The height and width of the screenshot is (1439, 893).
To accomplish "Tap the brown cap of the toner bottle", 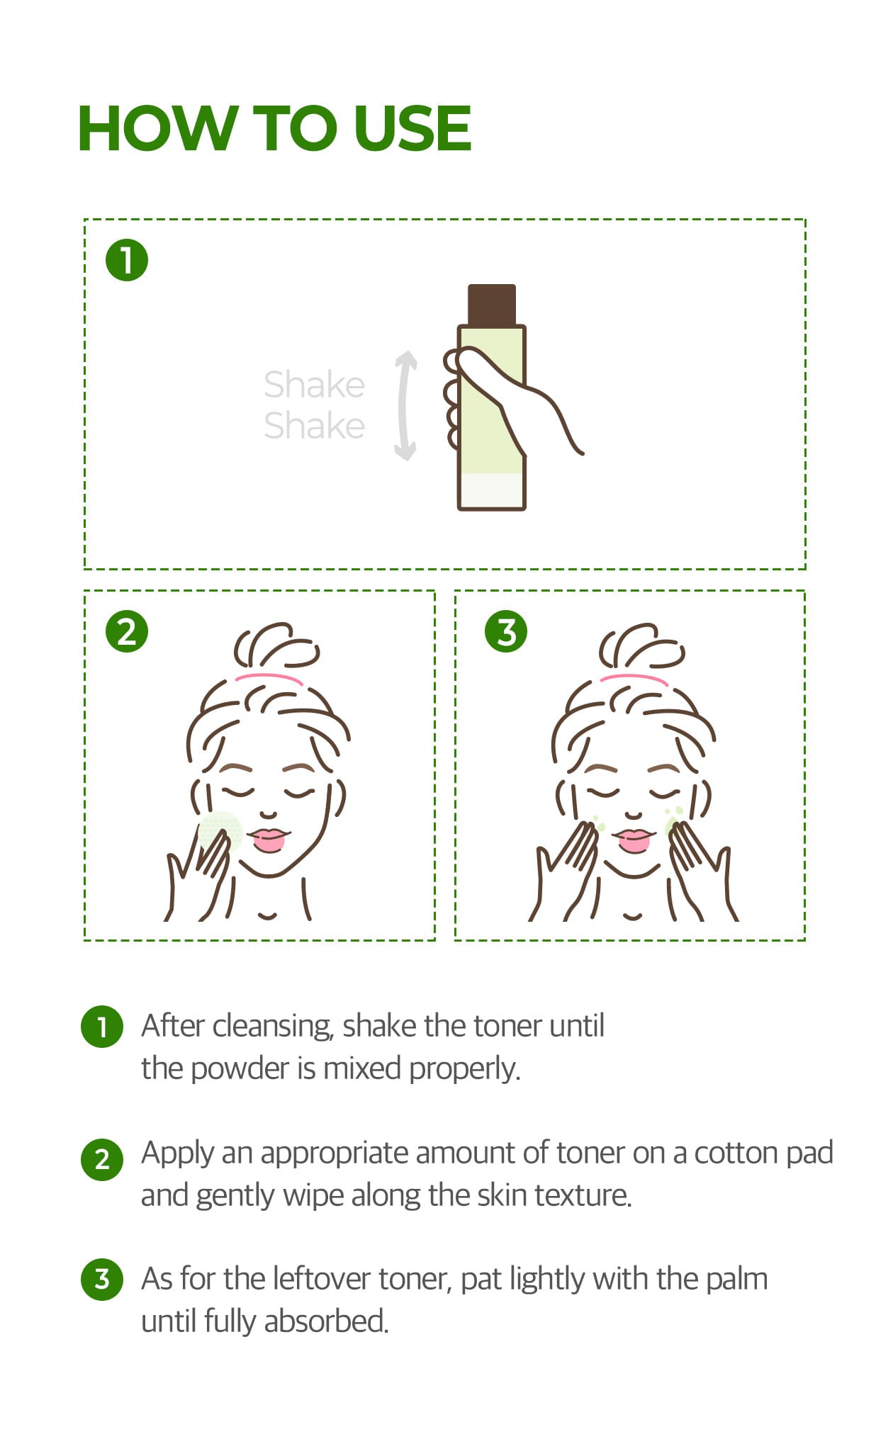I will tap(492, 305).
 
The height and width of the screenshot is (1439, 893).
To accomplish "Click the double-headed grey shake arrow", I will tap(405, 406).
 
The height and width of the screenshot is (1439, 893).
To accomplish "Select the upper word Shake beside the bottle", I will tap(314, 385).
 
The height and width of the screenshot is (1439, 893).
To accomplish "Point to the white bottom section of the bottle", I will tap(491, 491).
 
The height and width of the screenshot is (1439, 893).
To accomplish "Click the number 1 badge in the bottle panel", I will tap(127, 260).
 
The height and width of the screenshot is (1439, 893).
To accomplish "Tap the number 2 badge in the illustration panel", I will tap(127, 631).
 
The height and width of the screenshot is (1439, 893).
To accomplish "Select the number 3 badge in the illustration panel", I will tap(506, 631).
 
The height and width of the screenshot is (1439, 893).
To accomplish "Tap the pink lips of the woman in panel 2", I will tap(269, 840).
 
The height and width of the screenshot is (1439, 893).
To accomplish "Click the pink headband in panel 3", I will tap(634, 679).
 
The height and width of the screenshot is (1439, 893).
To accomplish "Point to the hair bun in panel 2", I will tap(276, 646).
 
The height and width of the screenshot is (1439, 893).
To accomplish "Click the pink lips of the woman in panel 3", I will tap(634, 840).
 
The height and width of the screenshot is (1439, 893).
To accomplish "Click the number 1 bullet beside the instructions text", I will tap(102, 1026).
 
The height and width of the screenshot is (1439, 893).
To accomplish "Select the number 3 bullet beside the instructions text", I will tap(102, 1279).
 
